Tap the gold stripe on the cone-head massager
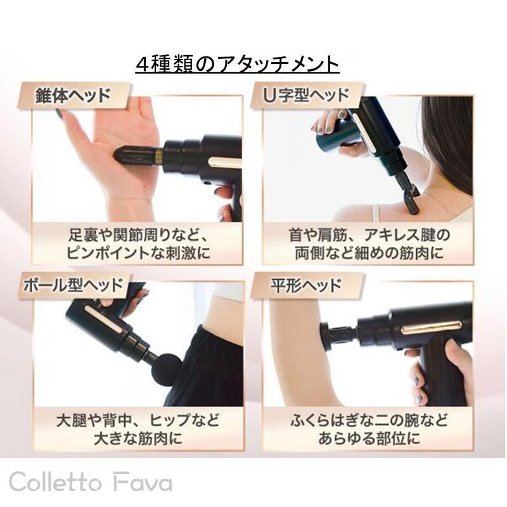224,162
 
